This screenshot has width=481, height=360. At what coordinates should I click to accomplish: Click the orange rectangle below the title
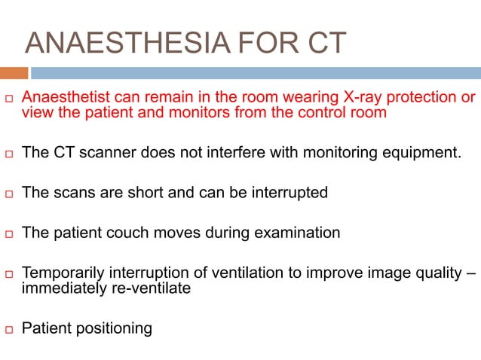click(14, 73)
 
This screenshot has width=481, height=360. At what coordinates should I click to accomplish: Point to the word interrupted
click(287, 193)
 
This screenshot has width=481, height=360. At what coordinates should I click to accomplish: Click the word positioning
click(111, 328)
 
